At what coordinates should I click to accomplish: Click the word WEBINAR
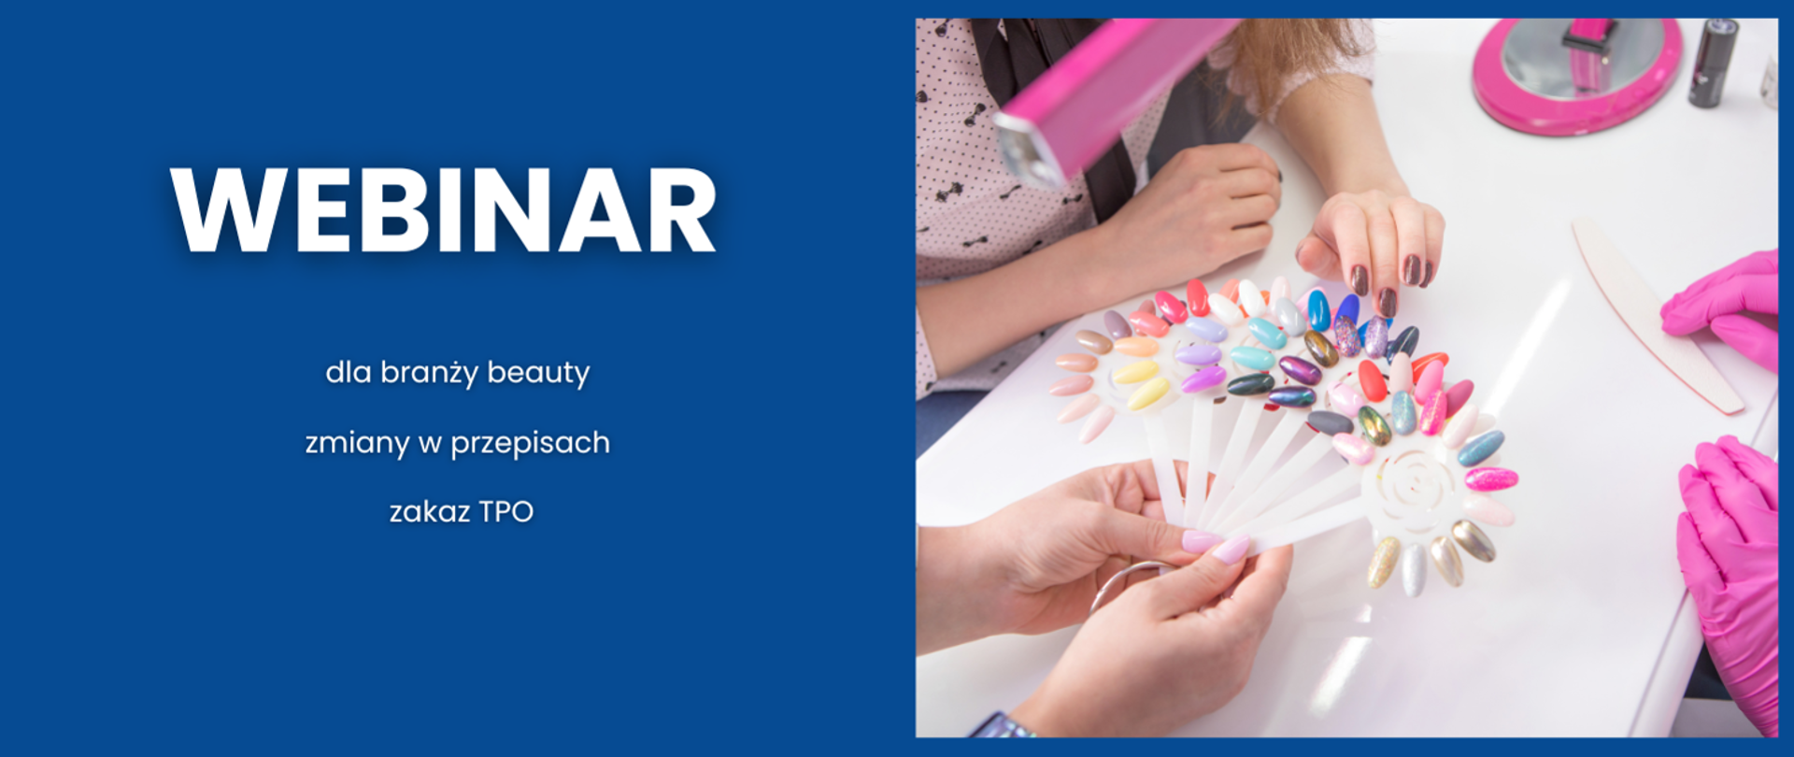tap(443, 210)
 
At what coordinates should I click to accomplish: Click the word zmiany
tap(357, 442)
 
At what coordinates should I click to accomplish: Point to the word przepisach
tap(530, 443)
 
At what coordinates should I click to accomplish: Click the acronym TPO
tap(505, 511)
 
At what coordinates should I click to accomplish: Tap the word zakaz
tap(429, 511)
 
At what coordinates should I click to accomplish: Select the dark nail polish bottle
tap(1712, 62)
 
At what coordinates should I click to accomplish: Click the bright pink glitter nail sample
tap(1491, 479)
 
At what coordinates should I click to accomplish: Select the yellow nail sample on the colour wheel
tap(1136, 372)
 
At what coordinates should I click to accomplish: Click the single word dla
tap(348, 373)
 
